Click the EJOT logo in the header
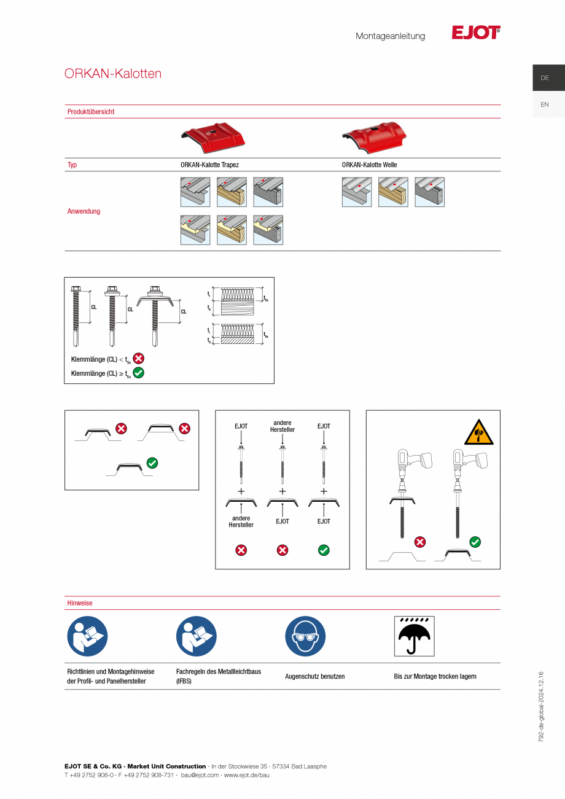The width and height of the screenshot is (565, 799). point(476,33)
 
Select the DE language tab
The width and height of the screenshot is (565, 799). point(545,78)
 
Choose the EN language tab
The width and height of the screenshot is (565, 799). point(545,104)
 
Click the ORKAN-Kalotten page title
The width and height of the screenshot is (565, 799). point(113,74)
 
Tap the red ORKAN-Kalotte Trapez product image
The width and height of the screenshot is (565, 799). point(213,138)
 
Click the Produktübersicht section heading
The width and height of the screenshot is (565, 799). point(91,112)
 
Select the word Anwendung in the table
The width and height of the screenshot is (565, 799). point(84,211)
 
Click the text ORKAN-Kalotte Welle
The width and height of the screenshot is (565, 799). point(369,165)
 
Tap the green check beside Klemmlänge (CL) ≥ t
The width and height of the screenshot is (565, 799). point(139,372)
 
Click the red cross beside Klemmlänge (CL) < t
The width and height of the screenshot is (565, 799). point(139,358)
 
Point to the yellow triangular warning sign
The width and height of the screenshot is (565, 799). point(479,432)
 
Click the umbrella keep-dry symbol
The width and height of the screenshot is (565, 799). point(414,636)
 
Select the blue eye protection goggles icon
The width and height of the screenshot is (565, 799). point(305,636)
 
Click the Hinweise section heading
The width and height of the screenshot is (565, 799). point(80,603)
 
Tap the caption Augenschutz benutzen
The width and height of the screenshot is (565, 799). point(315,676)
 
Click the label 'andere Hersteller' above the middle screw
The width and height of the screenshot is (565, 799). point(282,426)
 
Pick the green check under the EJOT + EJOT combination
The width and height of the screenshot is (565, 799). point(324,550)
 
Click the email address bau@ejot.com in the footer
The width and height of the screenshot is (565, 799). point(200,775)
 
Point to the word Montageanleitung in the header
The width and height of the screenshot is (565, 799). point(390,36)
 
